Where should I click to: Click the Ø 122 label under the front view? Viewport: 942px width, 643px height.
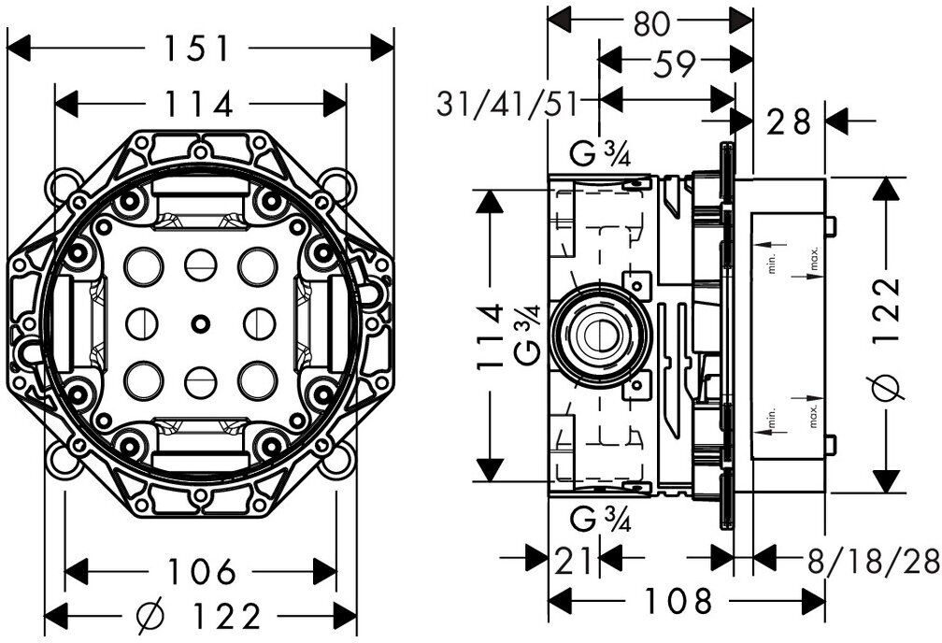200,616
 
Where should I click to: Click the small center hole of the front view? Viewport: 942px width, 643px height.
200,323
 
